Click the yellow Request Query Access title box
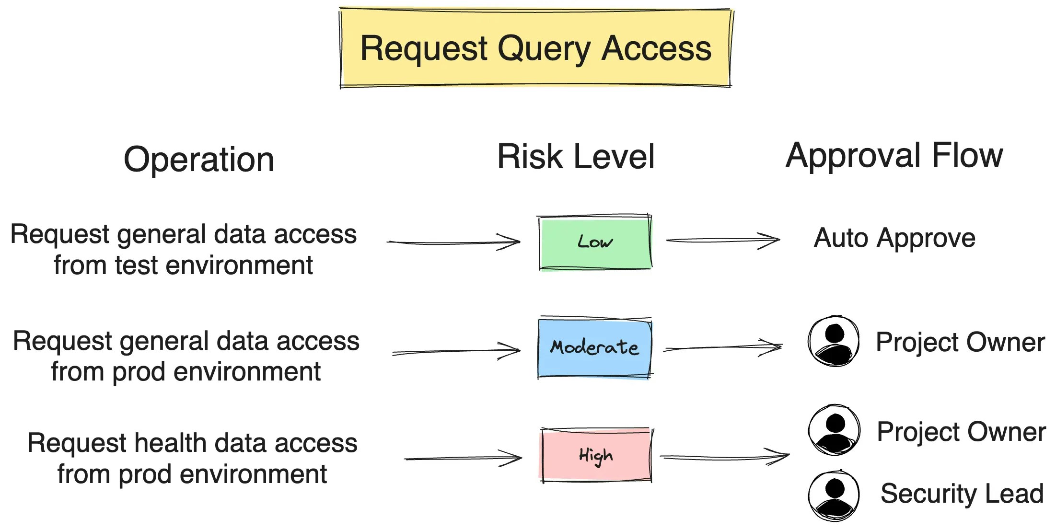click(535, 48)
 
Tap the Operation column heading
click(199, 160)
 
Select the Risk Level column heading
click(576, 157)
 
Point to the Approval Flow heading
click(894, 156)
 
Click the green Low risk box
click(595, 242)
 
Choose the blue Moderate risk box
click(594, 348)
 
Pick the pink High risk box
click(596, 455)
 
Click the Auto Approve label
click(894, 238)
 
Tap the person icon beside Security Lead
click(834, 495)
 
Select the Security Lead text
click(962, 494)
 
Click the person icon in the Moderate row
click(834, 341)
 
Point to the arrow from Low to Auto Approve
click(723, 240)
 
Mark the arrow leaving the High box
click(724, 457)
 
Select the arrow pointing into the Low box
click(453, 242)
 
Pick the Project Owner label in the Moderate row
click(960, 342)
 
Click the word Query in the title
click(544, 49)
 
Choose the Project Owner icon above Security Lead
click(834, 430)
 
